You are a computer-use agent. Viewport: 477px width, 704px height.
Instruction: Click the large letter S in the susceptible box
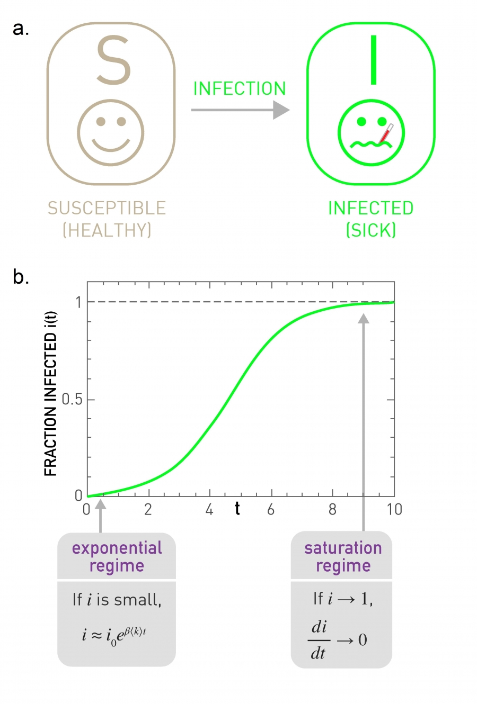pos(113,60)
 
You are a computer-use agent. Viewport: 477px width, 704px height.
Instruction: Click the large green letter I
pos(374,60)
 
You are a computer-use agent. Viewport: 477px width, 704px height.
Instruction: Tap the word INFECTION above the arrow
pos(240,88)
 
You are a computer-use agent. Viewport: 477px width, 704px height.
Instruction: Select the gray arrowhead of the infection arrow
pos(281,110)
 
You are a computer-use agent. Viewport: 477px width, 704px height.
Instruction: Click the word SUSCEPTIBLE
pos(107,208)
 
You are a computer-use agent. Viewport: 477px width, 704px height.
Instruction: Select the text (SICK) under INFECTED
pos(371,230)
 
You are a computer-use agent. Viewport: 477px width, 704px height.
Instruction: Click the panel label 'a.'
pos(21,29)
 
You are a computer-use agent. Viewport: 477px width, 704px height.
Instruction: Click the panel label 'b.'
pos(21,277)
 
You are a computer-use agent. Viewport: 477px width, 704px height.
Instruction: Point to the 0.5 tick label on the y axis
pos(72,400)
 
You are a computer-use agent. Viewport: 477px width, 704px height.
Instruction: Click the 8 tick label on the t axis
pos(332,509)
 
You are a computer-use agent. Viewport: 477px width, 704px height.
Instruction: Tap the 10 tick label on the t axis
pos(394,509)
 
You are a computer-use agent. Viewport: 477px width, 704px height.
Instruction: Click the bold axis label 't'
pos(237,509)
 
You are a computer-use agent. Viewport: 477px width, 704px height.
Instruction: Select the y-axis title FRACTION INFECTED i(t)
pos(50,394)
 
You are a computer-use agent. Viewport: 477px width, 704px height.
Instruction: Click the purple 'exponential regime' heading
pos(117,556)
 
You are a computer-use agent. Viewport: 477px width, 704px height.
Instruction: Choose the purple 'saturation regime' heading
pos(343,556)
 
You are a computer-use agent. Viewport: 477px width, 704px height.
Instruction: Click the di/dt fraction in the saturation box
pos(319,640)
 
